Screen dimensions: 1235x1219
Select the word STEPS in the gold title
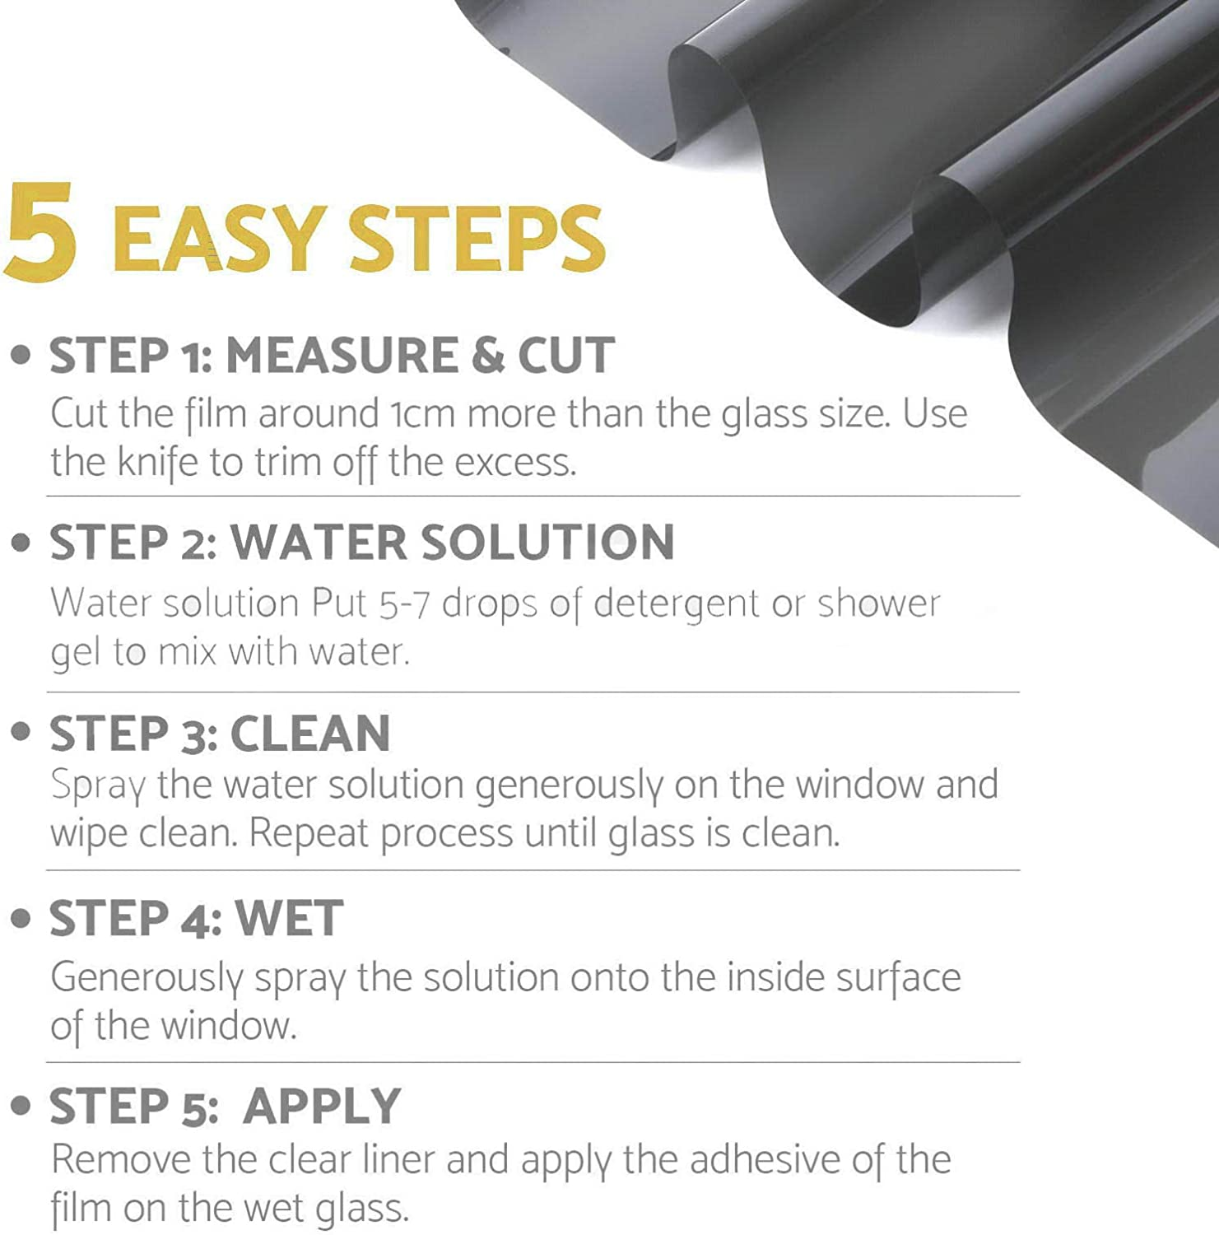click(x=477, y=239)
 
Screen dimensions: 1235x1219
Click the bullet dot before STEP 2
click(x=21, y=543)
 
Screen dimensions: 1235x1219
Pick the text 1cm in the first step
click(x=421, y=413)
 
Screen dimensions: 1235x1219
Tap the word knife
click(x=158, y=462)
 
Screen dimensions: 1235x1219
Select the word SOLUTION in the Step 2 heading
click(x=547, y=543)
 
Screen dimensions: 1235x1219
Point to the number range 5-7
click(x=404, y=604)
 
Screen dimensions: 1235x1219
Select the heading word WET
click(x=289, y=919)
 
